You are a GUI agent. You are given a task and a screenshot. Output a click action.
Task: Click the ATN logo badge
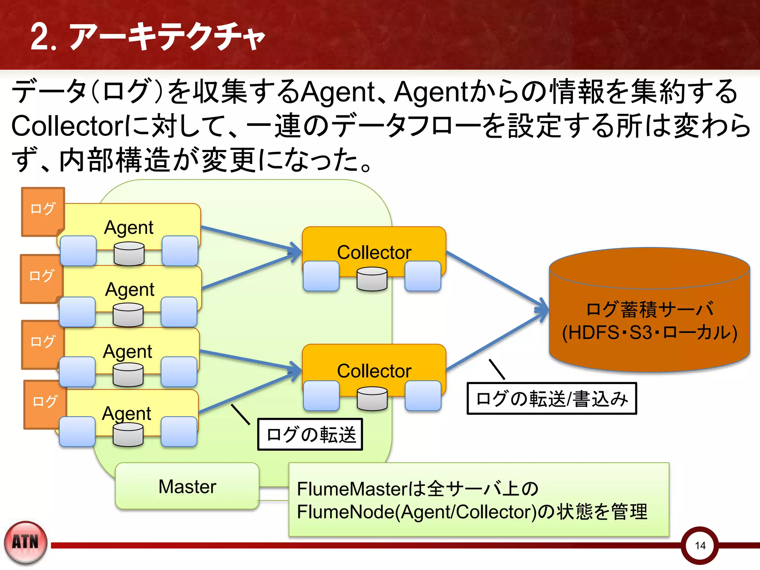[x=26, y=542]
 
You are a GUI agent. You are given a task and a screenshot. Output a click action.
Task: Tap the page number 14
[x=700, y=546]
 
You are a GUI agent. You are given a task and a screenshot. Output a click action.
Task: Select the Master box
[x=187, y=486]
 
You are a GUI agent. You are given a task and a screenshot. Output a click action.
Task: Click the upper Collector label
[x=374, y=252]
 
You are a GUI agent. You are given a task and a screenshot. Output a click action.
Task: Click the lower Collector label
[x=374, y=371]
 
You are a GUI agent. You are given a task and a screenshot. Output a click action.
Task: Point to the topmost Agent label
[x=128, y=227]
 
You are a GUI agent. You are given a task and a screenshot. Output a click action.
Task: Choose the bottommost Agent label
[x=127, y=413]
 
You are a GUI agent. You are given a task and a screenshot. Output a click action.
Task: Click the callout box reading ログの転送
[x=310, y=435]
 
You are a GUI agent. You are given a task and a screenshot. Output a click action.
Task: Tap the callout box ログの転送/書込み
[x=552, y=399]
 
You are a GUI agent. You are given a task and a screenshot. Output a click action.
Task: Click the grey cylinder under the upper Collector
[x=372, y=279]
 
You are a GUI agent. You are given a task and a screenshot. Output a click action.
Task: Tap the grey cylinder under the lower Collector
[x=372, y=398]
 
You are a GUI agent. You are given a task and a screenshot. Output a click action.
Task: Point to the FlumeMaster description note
[x=479, y=499]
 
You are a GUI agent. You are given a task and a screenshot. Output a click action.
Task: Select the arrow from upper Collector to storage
[x=497, y=281]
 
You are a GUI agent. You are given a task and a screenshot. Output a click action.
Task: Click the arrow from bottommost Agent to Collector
[x=249, y=392]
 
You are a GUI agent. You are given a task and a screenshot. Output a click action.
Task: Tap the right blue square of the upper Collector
[x=423, y=276]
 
